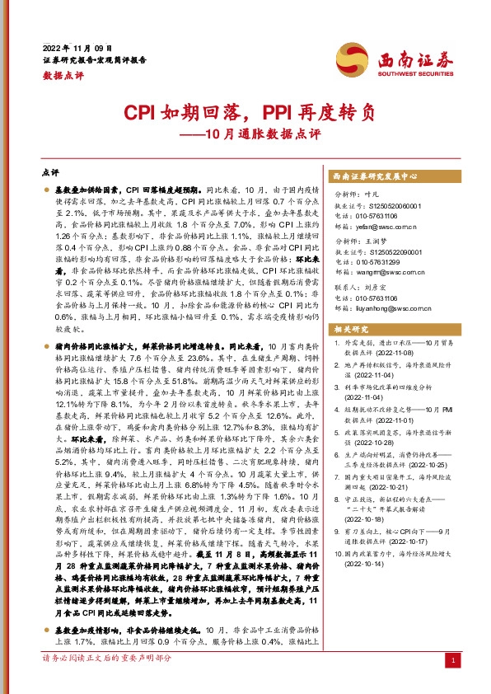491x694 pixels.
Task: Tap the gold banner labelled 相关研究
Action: [x=353, y=330]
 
